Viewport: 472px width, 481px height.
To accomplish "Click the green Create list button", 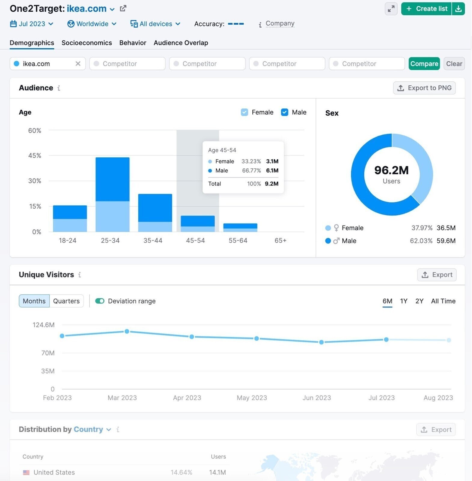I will tap(426, 9).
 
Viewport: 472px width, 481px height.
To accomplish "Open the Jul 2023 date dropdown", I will tap(32, 24).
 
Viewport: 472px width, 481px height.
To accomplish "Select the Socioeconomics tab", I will tap(87, 43).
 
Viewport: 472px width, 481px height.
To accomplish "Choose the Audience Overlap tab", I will tap(181, 43).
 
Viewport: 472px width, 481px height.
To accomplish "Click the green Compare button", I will tap(424, 64).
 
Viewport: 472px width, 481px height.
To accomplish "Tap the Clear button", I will tap(454, 64).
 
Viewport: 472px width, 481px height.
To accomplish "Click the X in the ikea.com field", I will tap(78, 64).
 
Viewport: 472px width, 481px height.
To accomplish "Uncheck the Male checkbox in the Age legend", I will tap(284, 112).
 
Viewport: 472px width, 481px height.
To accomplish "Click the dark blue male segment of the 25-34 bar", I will tap(112, 179).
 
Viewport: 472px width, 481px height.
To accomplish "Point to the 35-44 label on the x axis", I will tap(153, 240).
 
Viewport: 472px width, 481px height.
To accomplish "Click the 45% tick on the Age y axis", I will tap(35, 156).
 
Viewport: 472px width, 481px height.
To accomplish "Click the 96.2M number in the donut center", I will tap(391, 170).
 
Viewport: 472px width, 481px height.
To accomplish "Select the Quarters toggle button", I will tap(66, 301).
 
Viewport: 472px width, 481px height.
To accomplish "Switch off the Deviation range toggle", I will tap(100, 301).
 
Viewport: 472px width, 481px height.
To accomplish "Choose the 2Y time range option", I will tap(419, 301).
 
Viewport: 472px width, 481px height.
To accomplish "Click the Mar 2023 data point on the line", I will tap(127, 331).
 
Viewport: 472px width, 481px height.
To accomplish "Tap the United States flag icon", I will tap(26, 472).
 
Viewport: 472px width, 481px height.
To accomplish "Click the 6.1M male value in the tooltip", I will tap(272, 170).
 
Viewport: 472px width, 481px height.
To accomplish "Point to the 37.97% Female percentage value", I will tap(422, 228).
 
